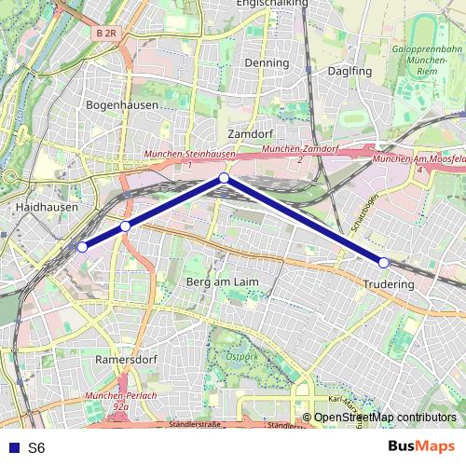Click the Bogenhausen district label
(121, 105)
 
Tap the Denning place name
(267, 62)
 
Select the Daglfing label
(349, 70)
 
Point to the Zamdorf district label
(248, 133)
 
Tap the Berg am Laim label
(222, 281)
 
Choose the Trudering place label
(389, 283)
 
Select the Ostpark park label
(241, 355)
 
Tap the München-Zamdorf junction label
(299, 149)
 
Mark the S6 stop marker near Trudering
(383, 263)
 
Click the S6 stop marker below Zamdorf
(224, 177)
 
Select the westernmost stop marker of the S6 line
(82, 247)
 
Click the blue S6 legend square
(12, 447)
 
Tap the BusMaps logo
(421, 446)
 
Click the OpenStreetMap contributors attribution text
(385, 417)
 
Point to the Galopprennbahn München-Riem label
(428, 59)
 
